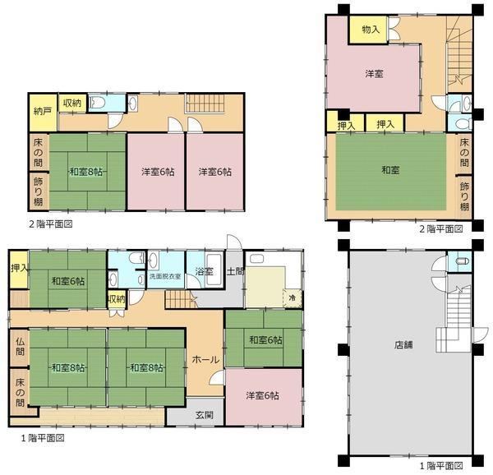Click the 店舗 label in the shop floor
pyautogui.click(x=403, y=345)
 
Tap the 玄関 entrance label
pyautogui.click(x=205, y=415)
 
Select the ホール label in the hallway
pyautogui.click(x=205, y=359)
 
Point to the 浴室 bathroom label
pyautogui.click(x=204, y=271)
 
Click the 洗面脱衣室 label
pyautogui.click(x=165, y=276)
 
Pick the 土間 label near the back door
pyautogui.click(x=235, y=271)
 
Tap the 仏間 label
pyautogui.click(x=20, y=347)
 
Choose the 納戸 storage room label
pyautogui.click(x=43, y=111)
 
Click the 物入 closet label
pyautogui.click(x=371, y=30)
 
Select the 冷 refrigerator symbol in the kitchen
pyautogui.click(x=292, y=297)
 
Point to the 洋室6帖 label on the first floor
pyautogui.click(x=262, y=395)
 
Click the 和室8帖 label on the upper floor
pyautogui.click(x=85, y=172)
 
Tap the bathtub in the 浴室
pyautogui.click(x=214, y=270)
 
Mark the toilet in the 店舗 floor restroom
pyautogui.click(x=463, y=261)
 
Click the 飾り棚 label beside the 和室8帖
pyautogui.click(x=39, y=191)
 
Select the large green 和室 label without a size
pyautogui.click(x=390, y=170)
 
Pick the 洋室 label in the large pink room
pyautogui.click(x=374, y=74)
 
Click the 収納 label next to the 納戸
pyautogui.click(x=72, y=103)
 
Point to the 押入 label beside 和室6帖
pyautogui.click(x=20, y=268)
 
